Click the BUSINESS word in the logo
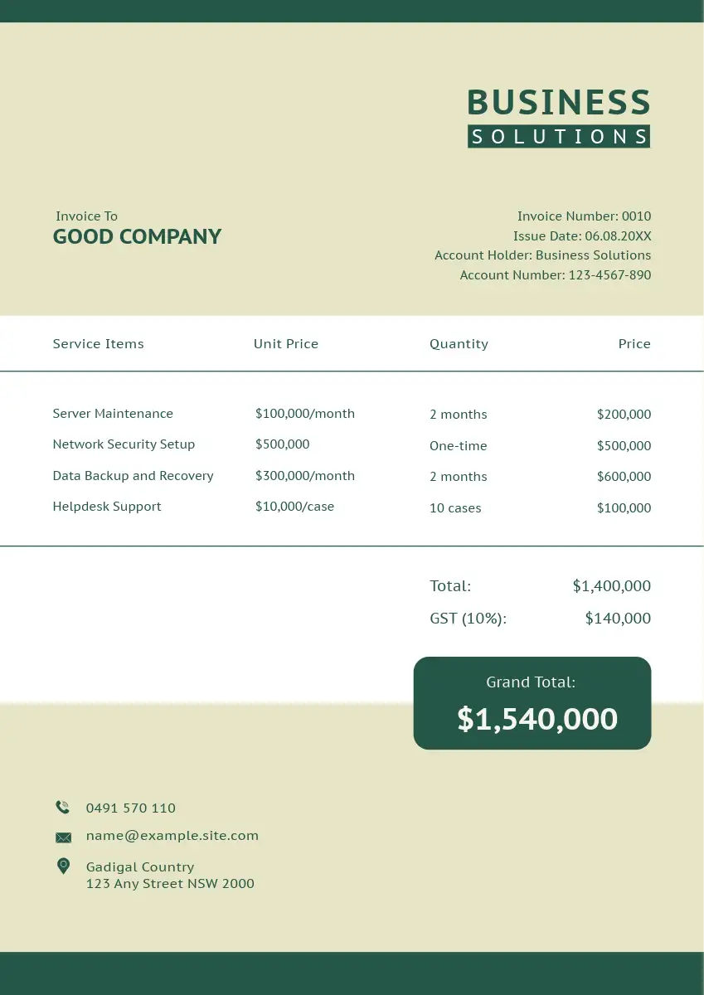point(558,103)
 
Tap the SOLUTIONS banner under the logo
point(558,137)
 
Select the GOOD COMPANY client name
point(137,237)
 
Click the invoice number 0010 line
point(584,216)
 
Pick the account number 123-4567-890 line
point(555,275)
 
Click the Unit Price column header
point(285,344)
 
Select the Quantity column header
point(459,344)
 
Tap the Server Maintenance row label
point(113,414)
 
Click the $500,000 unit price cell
point(282,444)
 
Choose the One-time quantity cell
point(458,446)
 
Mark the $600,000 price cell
point(624,477)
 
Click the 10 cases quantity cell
point(455,508)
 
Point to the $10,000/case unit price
point(294,507)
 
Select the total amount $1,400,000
point(611,586)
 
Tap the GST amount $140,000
point(618,619)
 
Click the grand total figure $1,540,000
point(537,719)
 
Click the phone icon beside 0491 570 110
point(63,808)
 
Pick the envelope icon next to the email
point(63,837)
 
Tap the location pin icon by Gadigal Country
point(63,866)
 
